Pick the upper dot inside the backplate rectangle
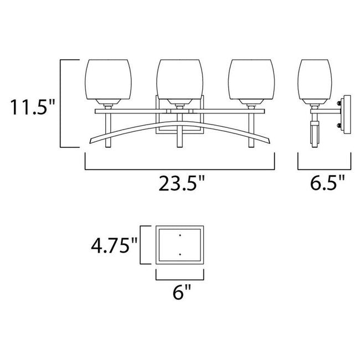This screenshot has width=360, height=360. coord(181,235)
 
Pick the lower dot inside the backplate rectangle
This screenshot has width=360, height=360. coord(181,254)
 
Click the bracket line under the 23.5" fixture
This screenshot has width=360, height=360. coord(180,168)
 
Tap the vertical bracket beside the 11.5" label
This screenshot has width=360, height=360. coord(60,103)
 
